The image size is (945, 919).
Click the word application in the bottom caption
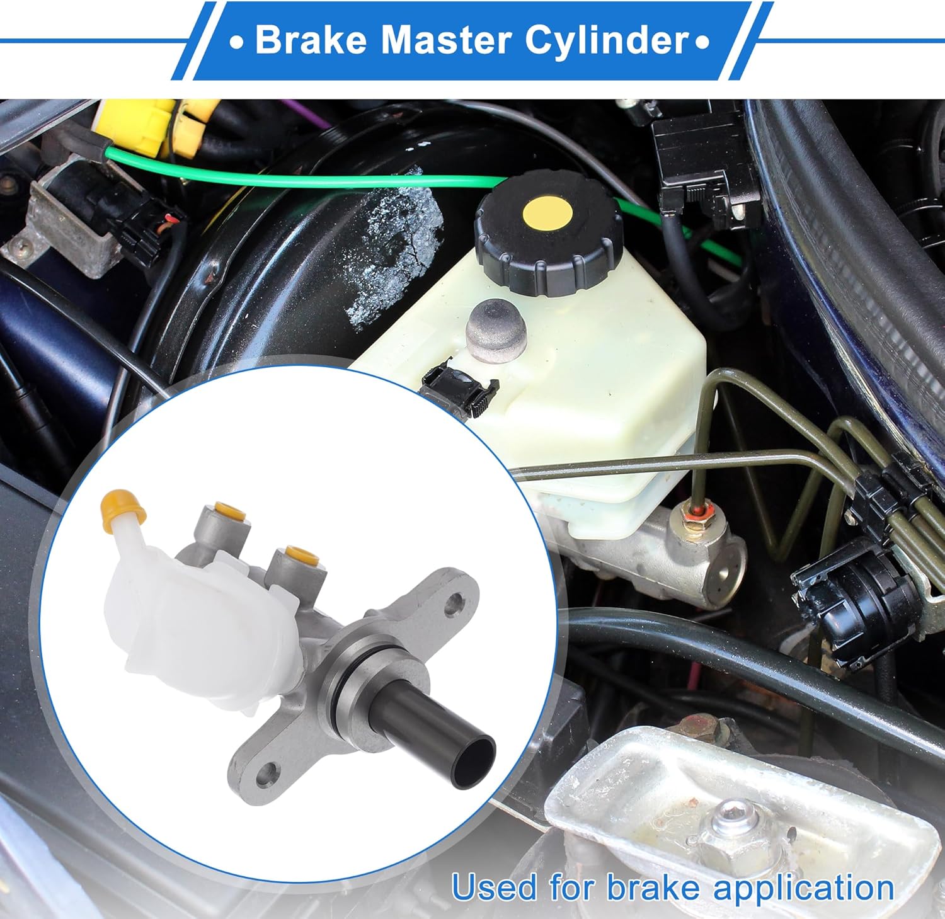point(804,888)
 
